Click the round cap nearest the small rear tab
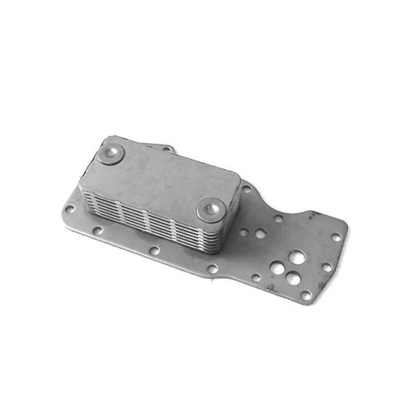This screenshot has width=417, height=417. point(111,154)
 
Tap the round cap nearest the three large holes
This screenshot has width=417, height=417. point(212,209)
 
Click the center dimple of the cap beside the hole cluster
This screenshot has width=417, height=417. point(212,208)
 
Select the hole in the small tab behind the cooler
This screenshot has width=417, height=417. point(167,149)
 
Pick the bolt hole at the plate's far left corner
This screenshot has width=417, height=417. point(70,209)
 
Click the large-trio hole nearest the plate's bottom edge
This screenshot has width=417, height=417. point(293,279)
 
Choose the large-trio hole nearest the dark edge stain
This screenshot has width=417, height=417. point(297,257)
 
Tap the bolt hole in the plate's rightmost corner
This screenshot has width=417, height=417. point(336,237)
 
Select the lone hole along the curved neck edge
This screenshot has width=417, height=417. point(278,219)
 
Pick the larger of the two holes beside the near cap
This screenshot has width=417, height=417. point(261,233)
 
